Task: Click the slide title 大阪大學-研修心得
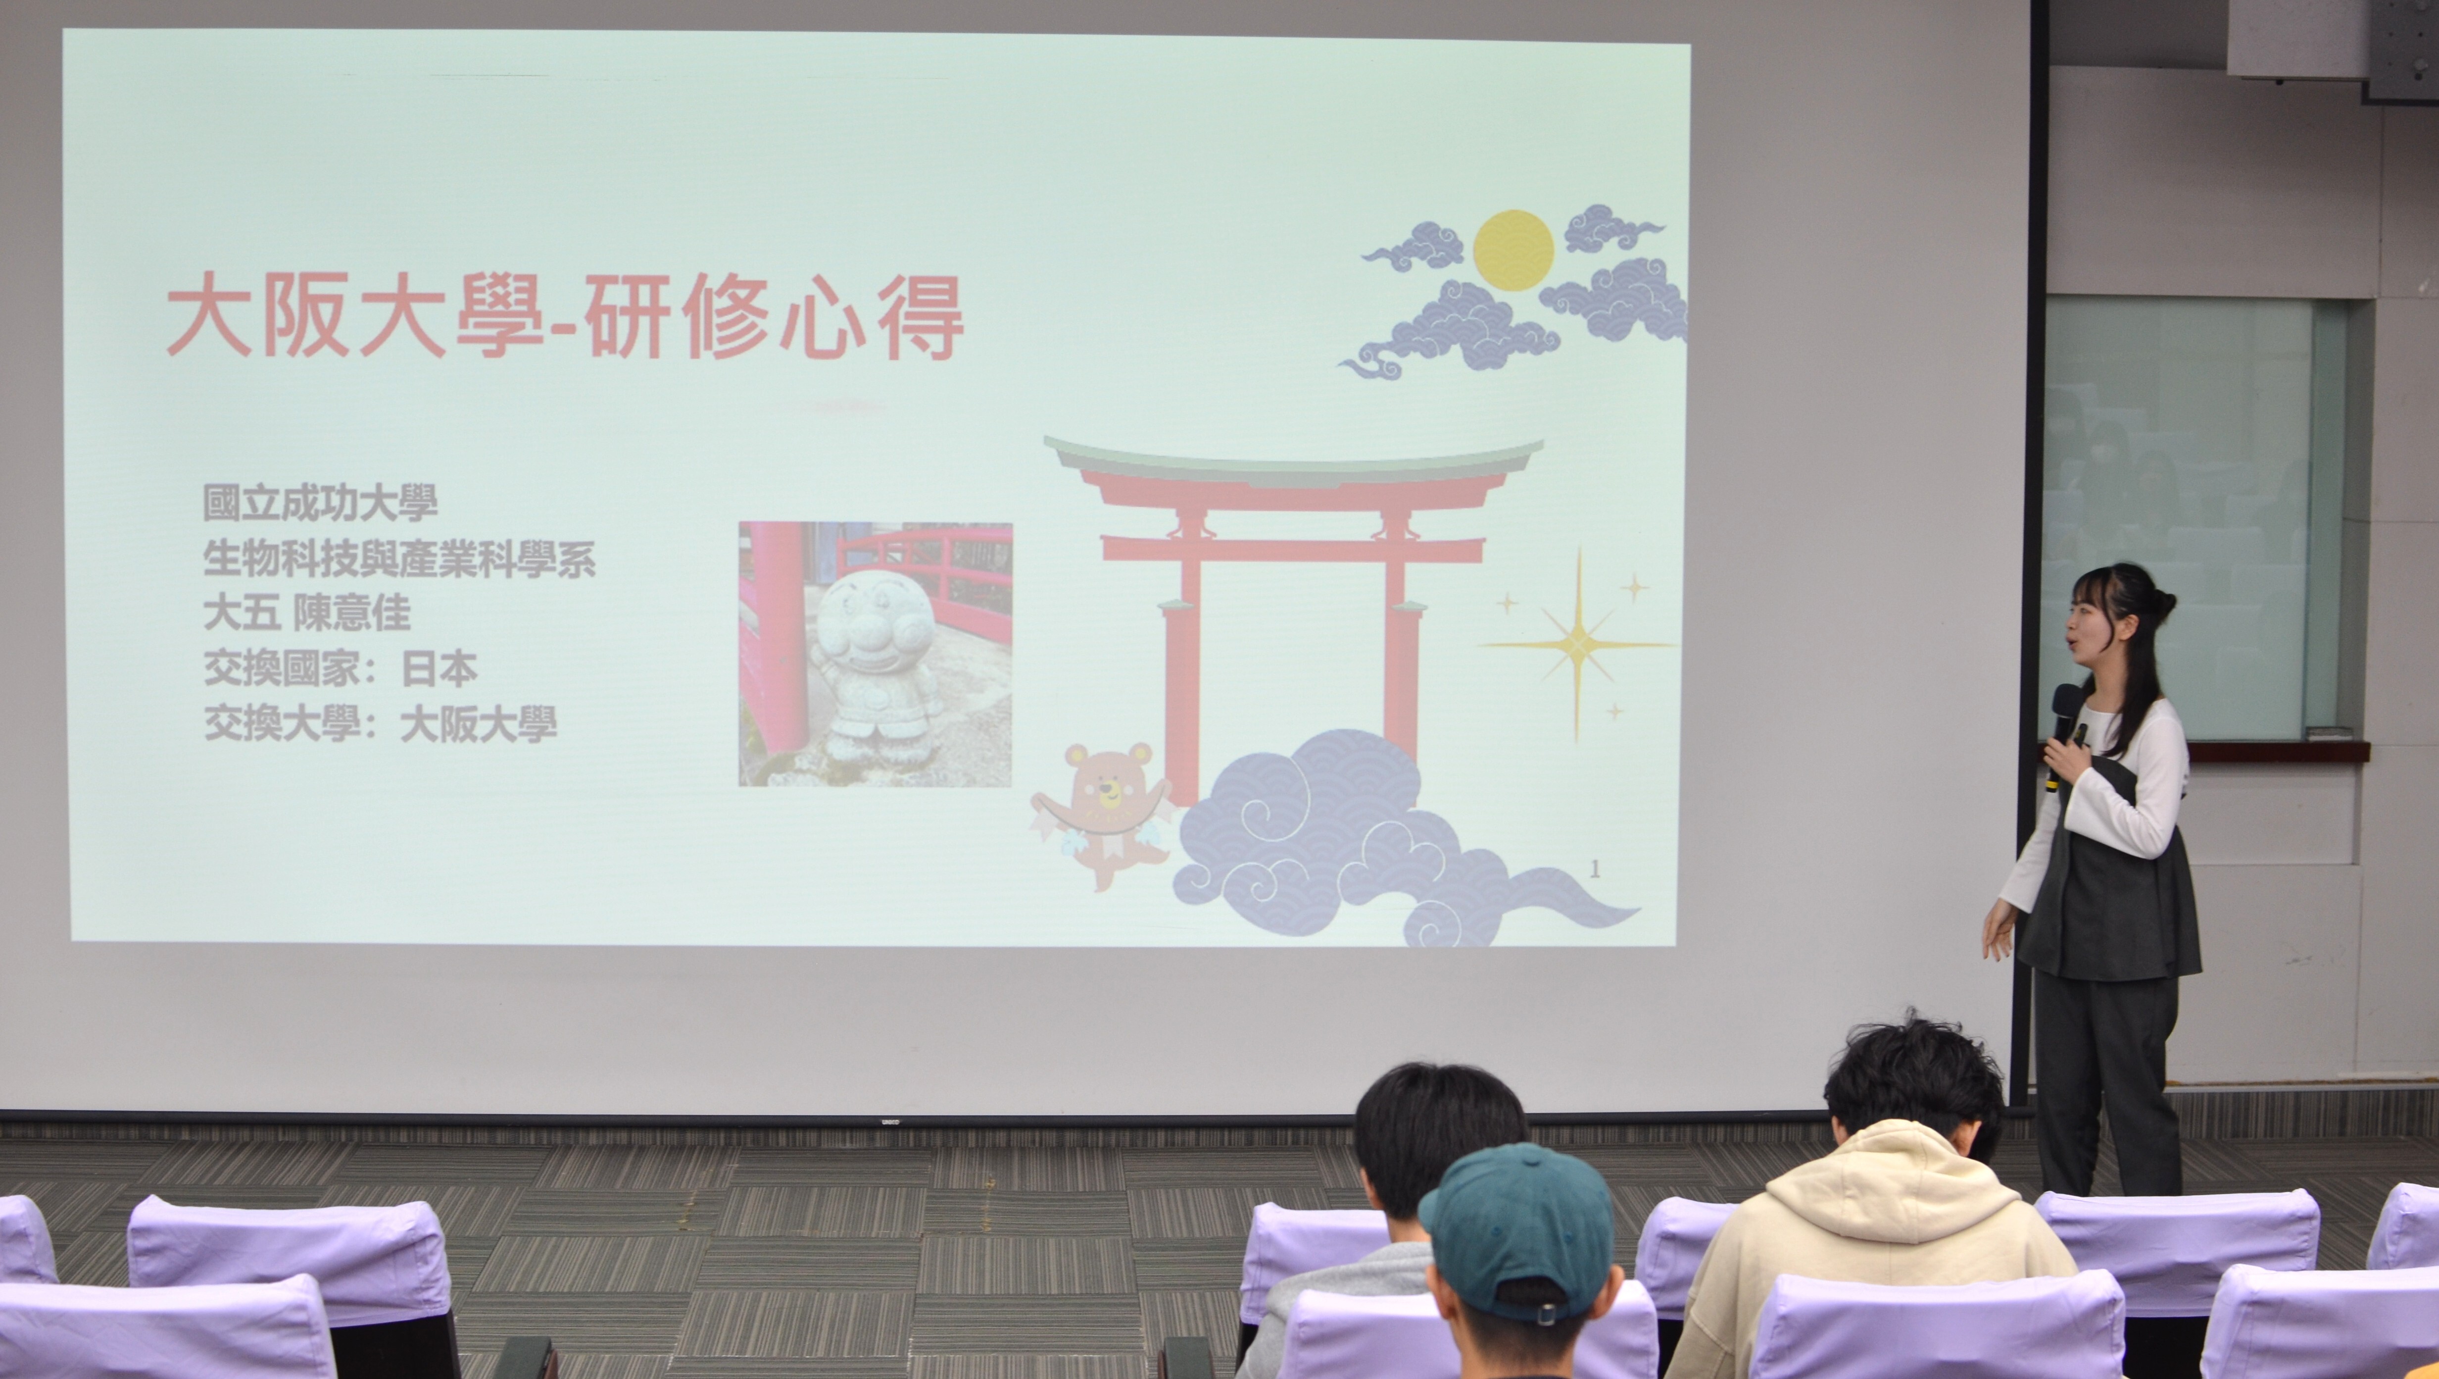565,316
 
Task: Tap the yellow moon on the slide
1513,250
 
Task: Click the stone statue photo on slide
875,654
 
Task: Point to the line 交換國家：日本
340,669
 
